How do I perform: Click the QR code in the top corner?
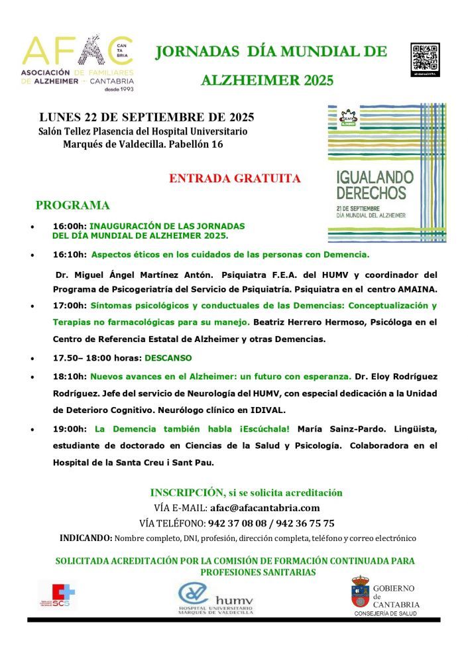pyautogui.click(x=425, y=58)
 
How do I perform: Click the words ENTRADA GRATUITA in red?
pyautogui.click(x=235, y=178)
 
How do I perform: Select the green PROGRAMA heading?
pyautogui.click(x=72, y=206)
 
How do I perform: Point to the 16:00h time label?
pyautogui.click(x=70, y=226)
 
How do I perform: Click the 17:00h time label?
pyautogui.click(x=70, y=306)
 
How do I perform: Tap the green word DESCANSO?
pyautogui.click(x=169, y=358)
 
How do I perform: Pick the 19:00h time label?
pyautogui.click(x=70, y=429)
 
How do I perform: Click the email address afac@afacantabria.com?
pyautogui.click(x=264, y=508)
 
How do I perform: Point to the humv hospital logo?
pyautogui.click(x=215, y=598)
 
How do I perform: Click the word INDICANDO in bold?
pyautogui.click(x=86, y=538)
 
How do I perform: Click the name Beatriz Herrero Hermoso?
pyautogui.click(x=308, y=322)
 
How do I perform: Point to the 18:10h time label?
pyautogui.click(x=70, y=376)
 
